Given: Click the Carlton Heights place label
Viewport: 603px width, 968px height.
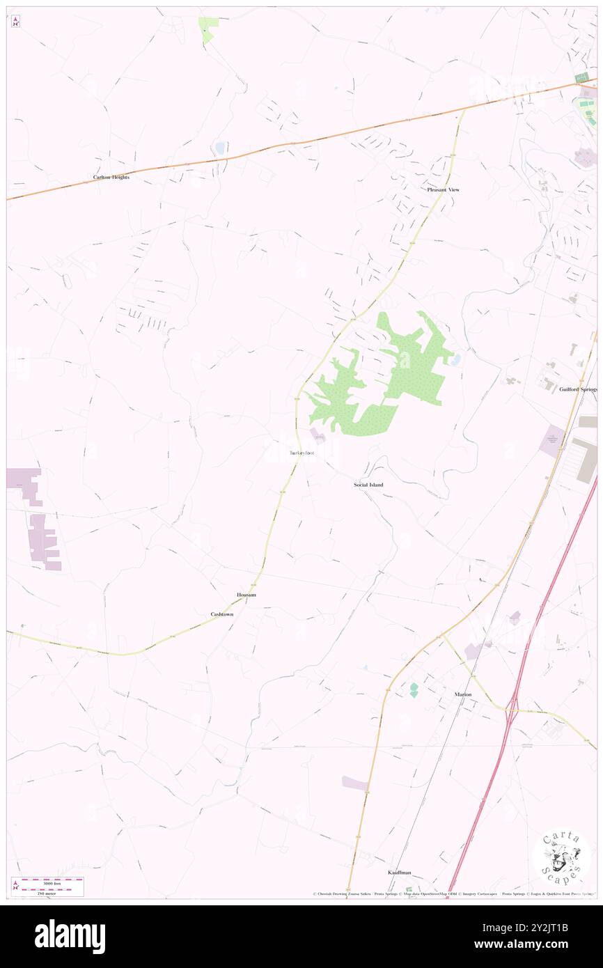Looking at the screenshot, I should point(111,178).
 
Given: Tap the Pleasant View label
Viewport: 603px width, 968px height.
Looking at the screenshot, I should point(444,189).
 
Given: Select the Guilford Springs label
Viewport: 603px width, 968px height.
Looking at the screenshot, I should point(578,389).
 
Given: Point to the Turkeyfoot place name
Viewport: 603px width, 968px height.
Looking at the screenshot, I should point(301,454).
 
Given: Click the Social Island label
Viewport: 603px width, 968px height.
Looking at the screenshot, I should point(368,484).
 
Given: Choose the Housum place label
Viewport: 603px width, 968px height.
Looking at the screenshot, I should point(246,595).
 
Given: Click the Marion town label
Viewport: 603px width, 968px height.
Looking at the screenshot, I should point(463,694).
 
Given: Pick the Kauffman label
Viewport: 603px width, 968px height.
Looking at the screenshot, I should point(400,872).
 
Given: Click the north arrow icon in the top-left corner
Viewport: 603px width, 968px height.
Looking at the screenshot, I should point(15,22).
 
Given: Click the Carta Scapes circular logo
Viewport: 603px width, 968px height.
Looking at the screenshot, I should point(562,859).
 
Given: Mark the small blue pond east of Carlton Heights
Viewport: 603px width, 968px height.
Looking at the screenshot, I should point(220,148).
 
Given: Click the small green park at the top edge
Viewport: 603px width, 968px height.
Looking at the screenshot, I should point(207,27).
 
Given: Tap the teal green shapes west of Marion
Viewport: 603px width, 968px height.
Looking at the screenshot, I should point(414,689).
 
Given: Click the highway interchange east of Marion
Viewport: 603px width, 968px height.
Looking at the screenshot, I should point(512,710).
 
